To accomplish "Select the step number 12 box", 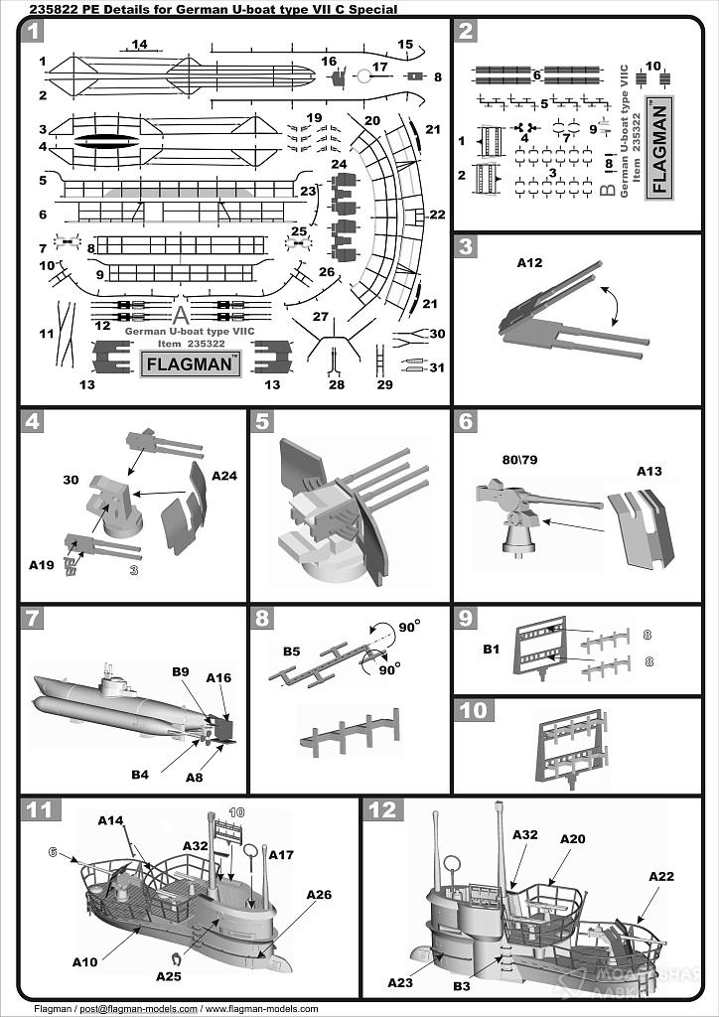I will click(382, 809).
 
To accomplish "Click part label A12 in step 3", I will click(531, 263).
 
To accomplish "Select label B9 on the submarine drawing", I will click(180, 672).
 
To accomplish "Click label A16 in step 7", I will click(218, 677).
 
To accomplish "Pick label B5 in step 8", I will click(291, 652).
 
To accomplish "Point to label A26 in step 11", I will click(318, 895).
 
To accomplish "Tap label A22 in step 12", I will click(661, 876).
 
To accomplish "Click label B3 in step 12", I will click(461, 986).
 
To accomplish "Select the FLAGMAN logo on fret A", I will click(193, 363).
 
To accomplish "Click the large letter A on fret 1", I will click(179, 315).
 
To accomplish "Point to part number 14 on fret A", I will click(139, 44).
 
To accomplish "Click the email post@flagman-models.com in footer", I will click(137, 1009).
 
